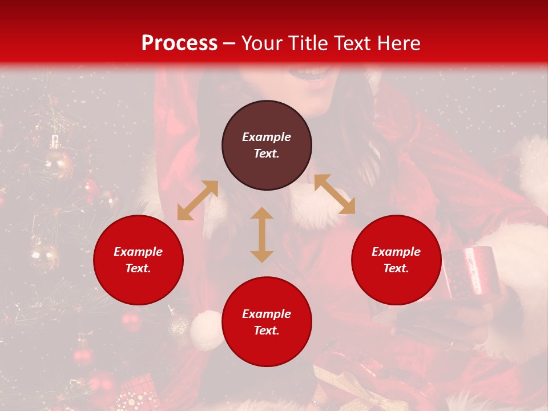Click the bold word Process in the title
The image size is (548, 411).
click(179, 43)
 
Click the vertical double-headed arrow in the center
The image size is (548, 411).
click(262, 235)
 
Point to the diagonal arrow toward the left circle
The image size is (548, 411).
click(198, 200)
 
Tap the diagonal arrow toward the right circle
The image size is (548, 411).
click(335, 194)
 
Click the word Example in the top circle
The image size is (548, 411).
click(267, 137)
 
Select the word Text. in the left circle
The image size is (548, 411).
click(138, 268)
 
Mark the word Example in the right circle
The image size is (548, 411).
click(396, 252)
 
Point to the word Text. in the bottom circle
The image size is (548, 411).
click(267, 331)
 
